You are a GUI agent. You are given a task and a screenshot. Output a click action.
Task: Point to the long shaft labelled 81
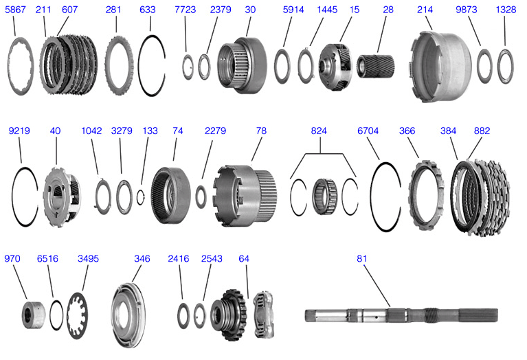tap(405, 316)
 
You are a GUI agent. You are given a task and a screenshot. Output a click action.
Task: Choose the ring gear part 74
tap(172, 194)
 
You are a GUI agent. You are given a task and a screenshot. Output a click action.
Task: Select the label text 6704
tap(369, 131)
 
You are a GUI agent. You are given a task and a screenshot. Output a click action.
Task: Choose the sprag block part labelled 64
tap(264, 315)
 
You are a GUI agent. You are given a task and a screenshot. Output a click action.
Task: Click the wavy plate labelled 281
tap(120, 61)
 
